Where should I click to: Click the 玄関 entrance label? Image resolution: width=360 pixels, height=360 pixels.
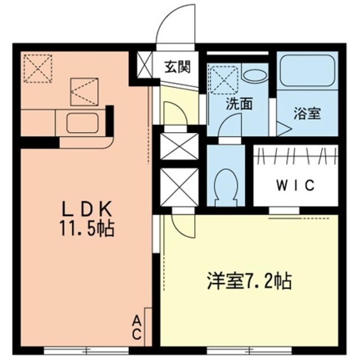click(x=177, y=67)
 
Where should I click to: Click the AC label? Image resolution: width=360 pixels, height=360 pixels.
click(x=137, y=328)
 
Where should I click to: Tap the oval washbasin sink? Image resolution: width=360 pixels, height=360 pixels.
click(x=254, y=75)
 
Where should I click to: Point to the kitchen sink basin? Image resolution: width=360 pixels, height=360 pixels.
click(x=83, y=121)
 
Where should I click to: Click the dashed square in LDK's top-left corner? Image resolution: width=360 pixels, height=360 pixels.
click(x=38, y=68)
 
